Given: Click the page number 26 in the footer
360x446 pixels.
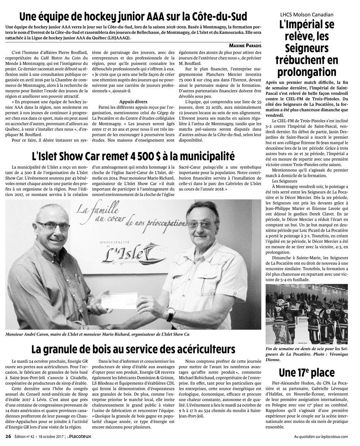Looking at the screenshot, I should pyautogui.click(x=8, y=436).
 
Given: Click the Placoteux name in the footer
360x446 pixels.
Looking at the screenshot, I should pyautogui.click(x=82, y=436).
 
